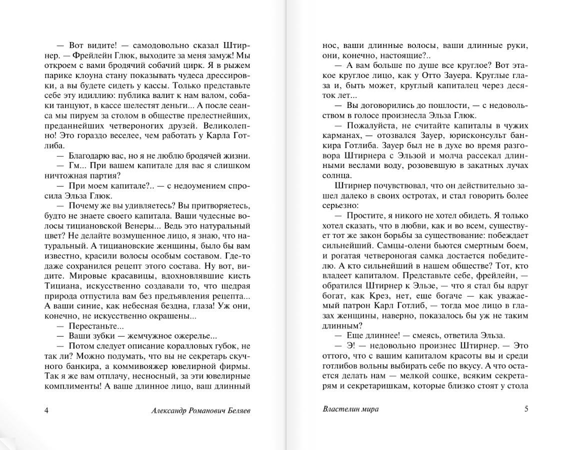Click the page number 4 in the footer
point(46,410)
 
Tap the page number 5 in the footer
point(526,408)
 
